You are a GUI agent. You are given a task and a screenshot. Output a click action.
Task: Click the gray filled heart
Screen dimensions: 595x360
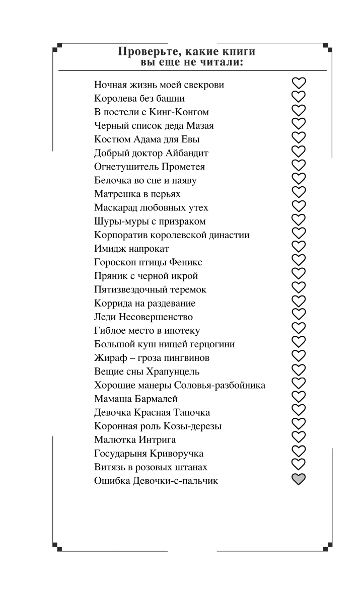point(299,480)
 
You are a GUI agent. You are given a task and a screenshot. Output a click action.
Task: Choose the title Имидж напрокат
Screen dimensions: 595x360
point(131,249)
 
